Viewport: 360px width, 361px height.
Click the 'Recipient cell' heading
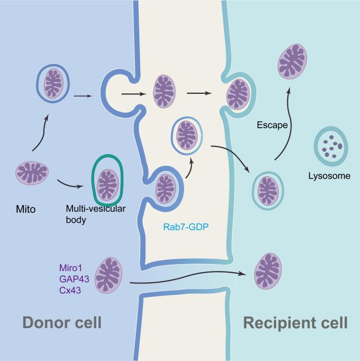coord(295,323)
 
